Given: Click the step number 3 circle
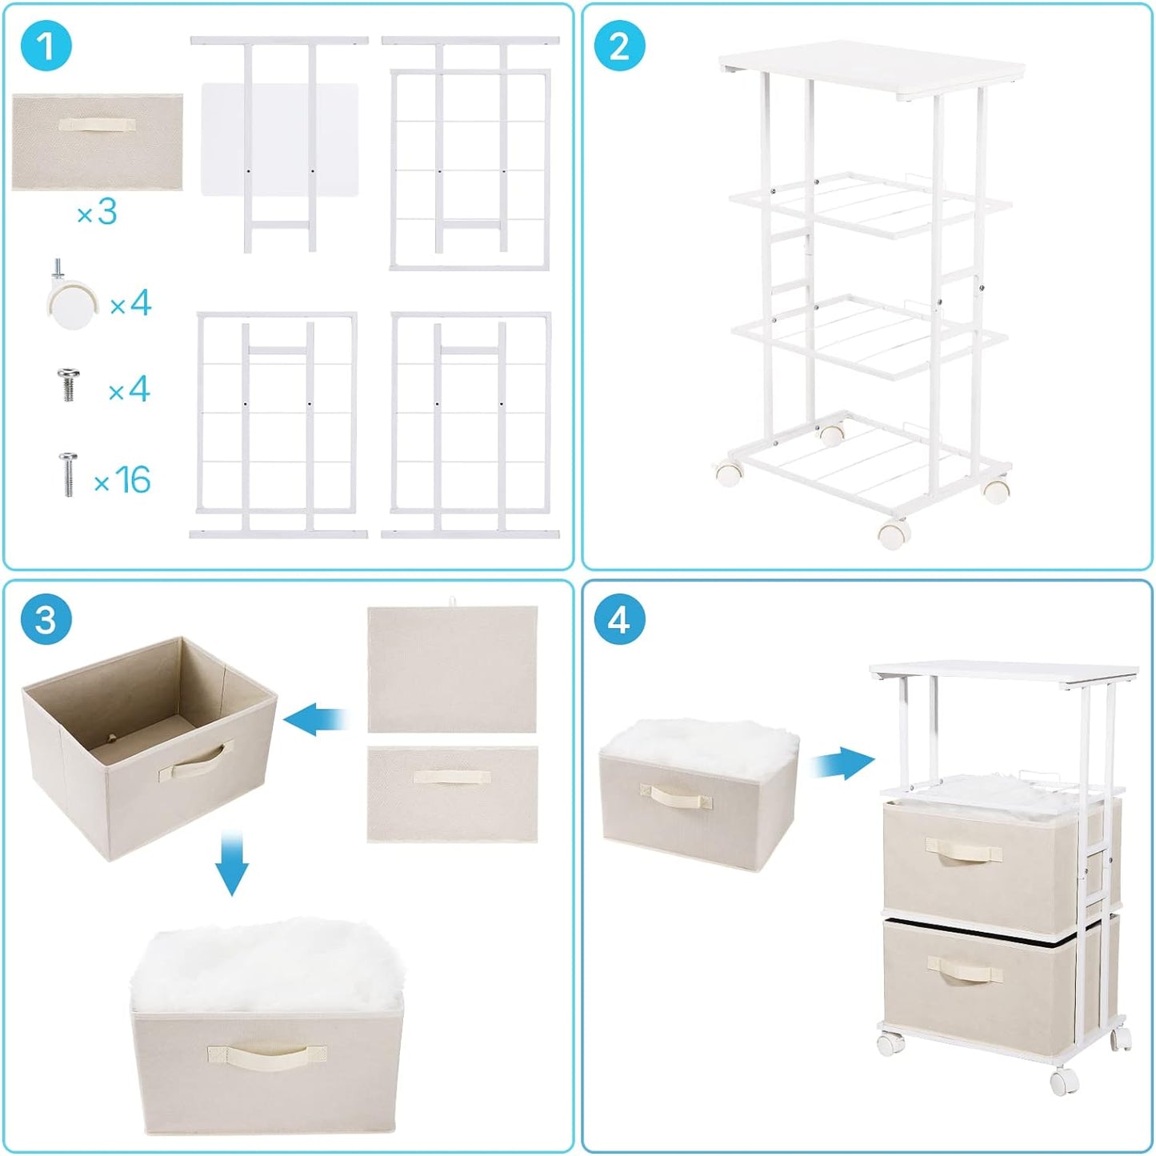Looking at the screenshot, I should click(46, 619).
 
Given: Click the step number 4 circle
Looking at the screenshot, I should click(619, 619).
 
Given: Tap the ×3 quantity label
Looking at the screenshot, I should click(97, 213).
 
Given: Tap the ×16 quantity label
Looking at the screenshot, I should click(122, 480).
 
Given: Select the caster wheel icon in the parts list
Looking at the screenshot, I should click(70, 300).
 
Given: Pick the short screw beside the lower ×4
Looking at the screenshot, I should click(69, 385).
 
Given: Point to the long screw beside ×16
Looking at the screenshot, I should click(68, 474).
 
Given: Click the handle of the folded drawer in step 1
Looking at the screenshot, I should click(97, 125).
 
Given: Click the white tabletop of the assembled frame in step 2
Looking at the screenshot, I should click(872, 70).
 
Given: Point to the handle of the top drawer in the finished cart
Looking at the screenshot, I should click(963, 850).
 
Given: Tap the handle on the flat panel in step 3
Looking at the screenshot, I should click(452, 777).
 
